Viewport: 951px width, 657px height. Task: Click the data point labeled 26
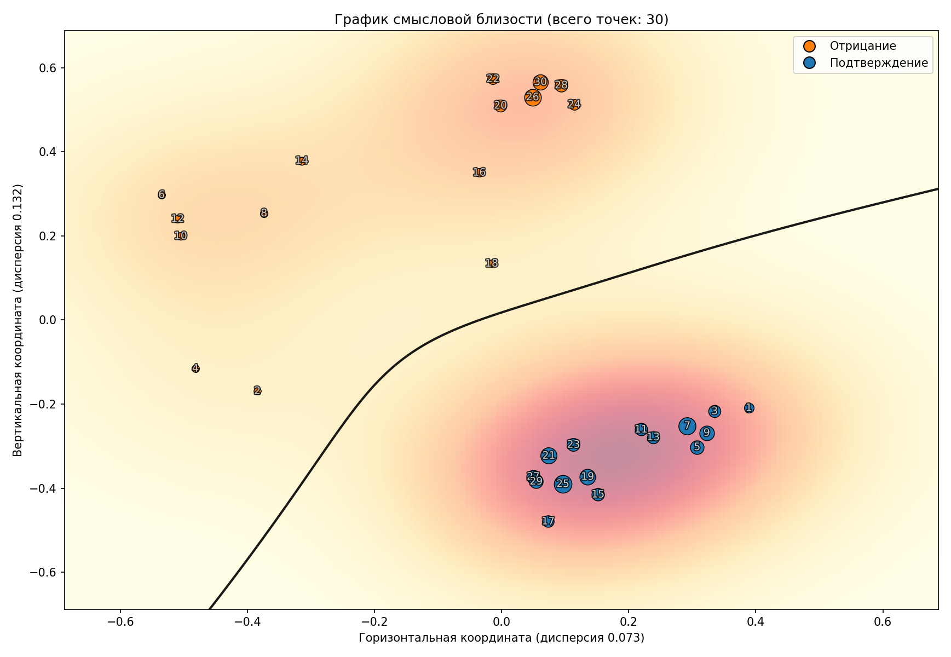533,97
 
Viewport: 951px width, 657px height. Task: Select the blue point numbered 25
563,484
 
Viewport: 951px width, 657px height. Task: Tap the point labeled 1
749,408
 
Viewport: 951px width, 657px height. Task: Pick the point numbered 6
162,194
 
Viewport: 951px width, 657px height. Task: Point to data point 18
492,263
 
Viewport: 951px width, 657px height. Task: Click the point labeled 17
548,521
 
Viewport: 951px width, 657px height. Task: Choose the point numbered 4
195,368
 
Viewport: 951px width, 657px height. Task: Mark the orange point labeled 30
540,82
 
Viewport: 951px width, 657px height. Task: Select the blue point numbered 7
687,426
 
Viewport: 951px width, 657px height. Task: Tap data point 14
302,160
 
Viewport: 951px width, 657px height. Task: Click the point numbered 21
549,456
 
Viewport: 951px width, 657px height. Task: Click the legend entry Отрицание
862,47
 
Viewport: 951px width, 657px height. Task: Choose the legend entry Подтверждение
878,63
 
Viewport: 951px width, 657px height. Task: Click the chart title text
502,20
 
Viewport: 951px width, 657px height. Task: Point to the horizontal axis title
502,638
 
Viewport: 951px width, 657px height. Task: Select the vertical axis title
18,320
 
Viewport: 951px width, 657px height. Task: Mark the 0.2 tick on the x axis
629,622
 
